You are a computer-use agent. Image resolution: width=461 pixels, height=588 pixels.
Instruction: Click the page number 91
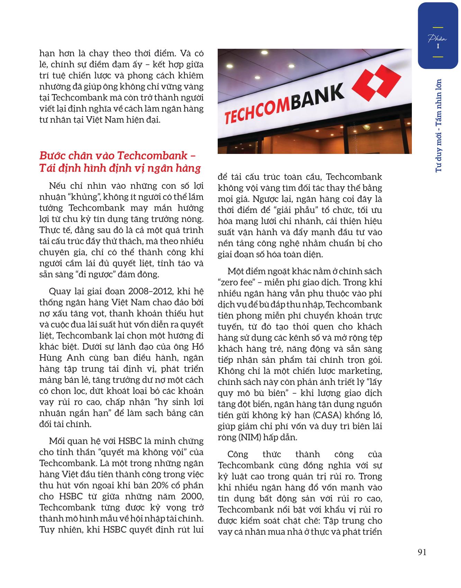pos(422,552)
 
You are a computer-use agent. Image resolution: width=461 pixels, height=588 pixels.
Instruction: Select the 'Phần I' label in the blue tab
pos(437,42)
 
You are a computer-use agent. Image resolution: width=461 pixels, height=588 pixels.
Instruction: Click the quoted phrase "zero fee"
pos(237,282)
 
